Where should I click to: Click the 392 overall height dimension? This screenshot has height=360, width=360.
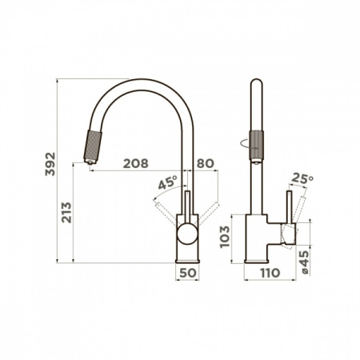click(x=50, y=164)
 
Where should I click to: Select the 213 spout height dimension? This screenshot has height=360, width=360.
click(x=66, y=213)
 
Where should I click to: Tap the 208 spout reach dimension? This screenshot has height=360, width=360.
click(x=135, y=163)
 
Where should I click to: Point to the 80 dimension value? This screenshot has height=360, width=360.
click(x=206, y=163)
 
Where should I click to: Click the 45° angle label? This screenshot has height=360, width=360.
click(x=167, y=182)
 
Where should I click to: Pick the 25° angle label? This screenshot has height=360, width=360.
click(x=302, y=178)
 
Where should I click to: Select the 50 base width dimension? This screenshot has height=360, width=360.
click(x=188, y=273)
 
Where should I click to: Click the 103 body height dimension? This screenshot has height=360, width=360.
click(x=225, y=237)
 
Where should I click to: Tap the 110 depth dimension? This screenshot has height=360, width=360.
click(x=270, y=273)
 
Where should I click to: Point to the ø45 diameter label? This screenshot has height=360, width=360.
click(x=304, y=262)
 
